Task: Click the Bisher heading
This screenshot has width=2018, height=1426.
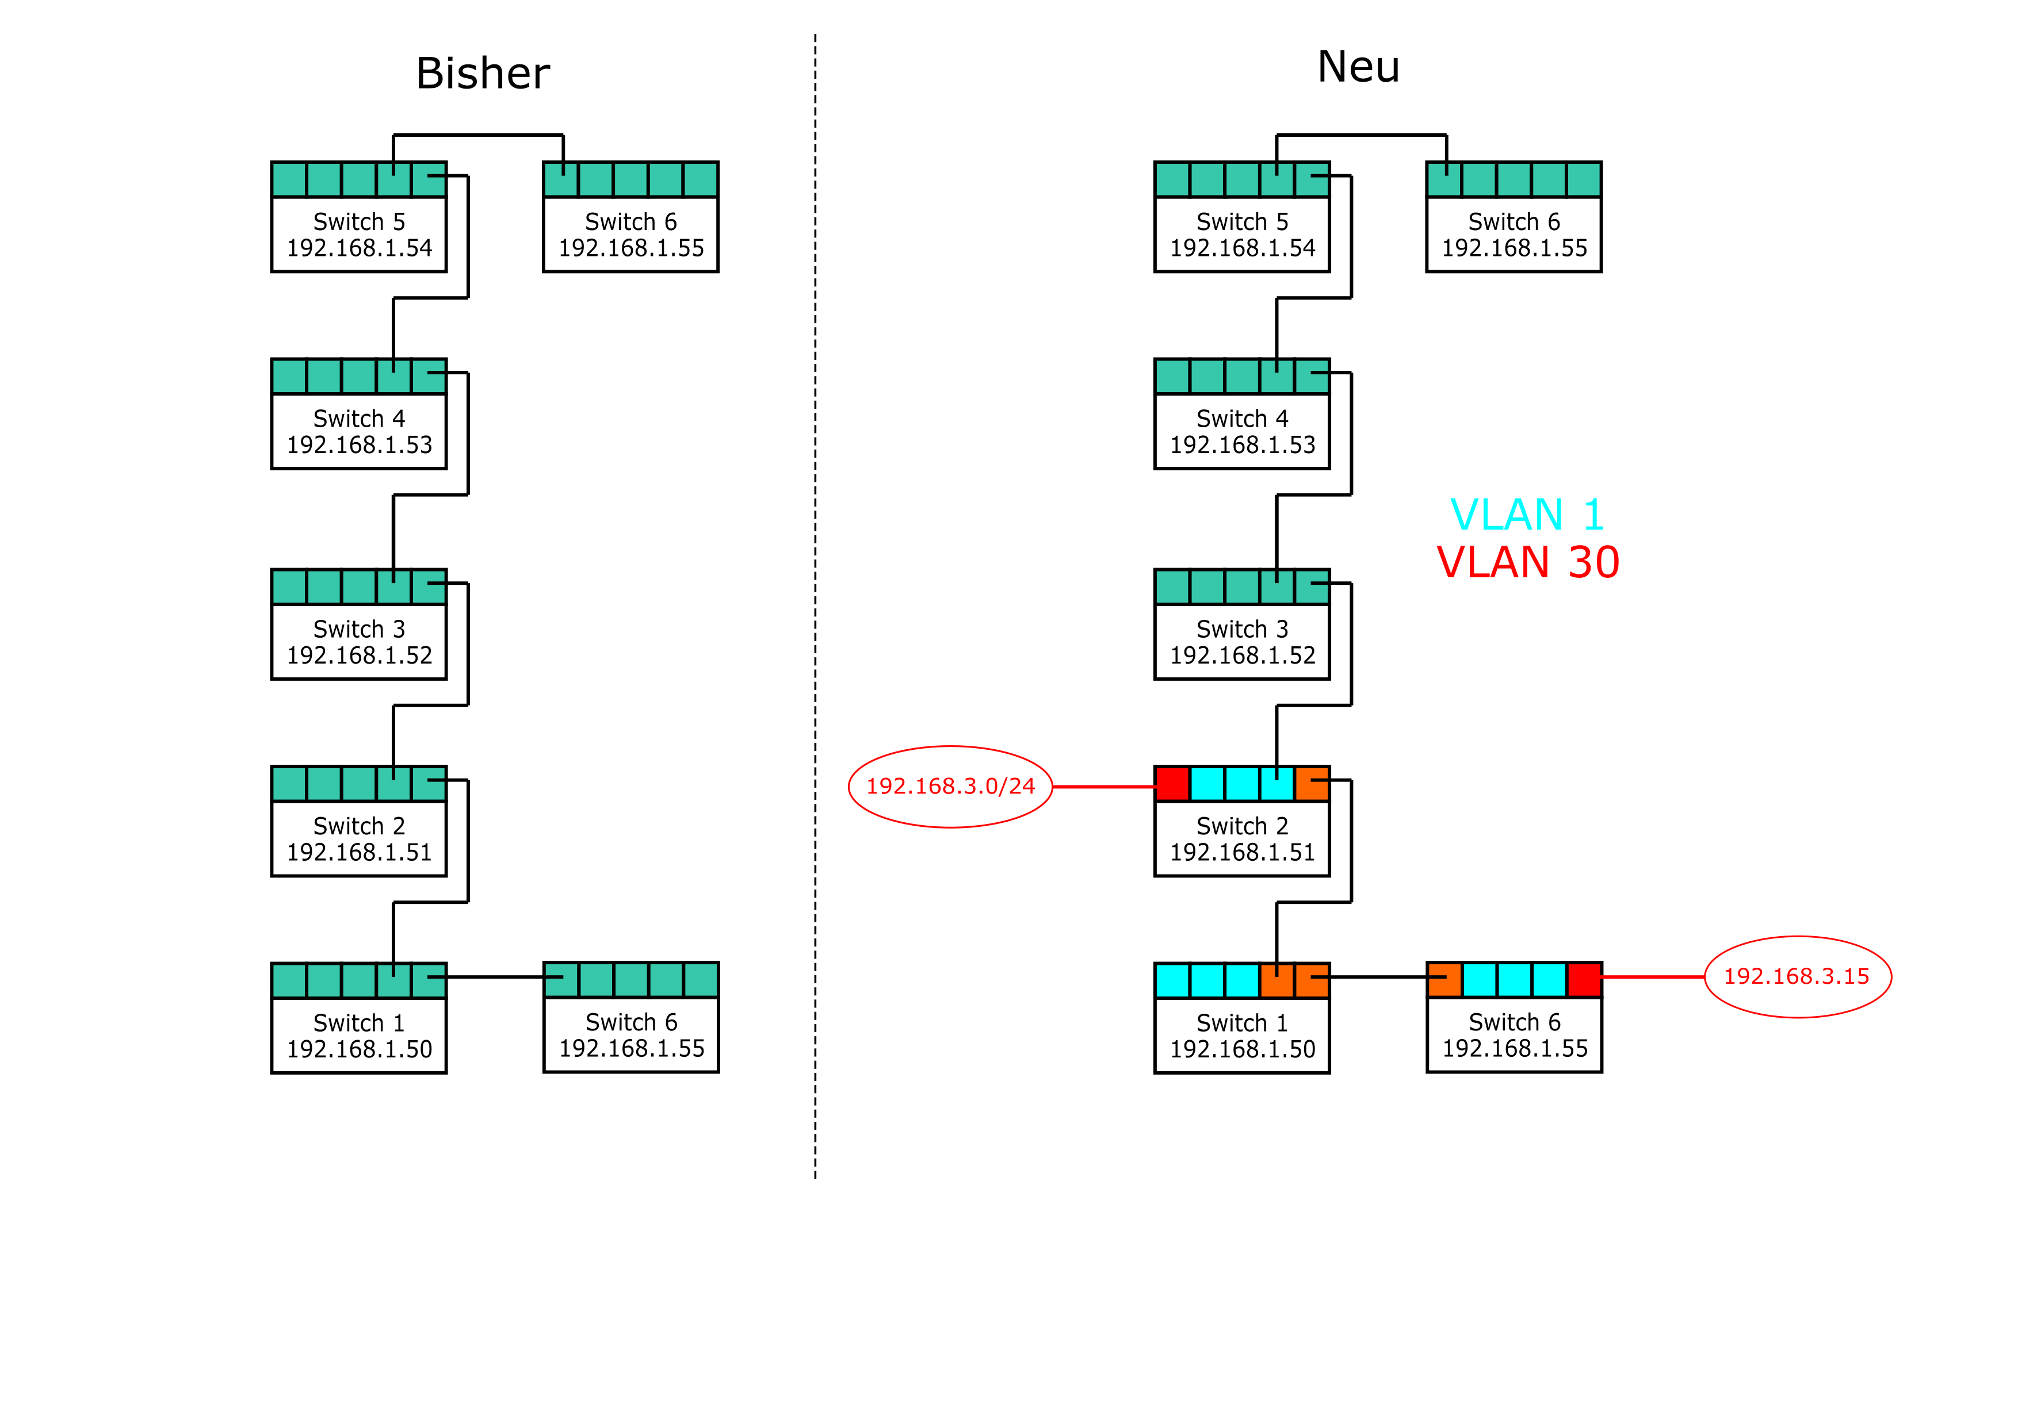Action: pos(483,73)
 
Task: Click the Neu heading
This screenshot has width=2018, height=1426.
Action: pos(1358,67)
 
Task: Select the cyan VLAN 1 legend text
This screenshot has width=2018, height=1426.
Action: pos(1527,515)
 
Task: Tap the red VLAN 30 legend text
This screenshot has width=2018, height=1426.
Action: pos(1527,562)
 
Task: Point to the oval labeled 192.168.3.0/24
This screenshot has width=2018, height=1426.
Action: pos(950,787)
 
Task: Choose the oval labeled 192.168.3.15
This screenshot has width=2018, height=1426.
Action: pos(1798,976)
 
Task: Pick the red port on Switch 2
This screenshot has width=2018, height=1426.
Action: pos(1172,783)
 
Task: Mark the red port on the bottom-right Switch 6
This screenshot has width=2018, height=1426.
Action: pos(1584,980)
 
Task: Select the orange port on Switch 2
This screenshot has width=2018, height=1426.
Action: pos(1312,783)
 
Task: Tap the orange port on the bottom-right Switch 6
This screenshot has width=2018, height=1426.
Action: pos(1444,980)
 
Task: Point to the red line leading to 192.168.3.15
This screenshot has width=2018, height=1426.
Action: pos(1652,976)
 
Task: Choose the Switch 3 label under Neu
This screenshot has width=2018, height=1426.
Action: pos(1242,629)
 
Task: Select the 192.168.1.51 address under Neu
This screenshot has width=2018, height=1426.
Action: pos(1242,852)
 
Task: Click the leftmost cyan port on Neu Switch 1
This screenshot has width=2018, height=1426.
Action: pos(1172,980)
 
